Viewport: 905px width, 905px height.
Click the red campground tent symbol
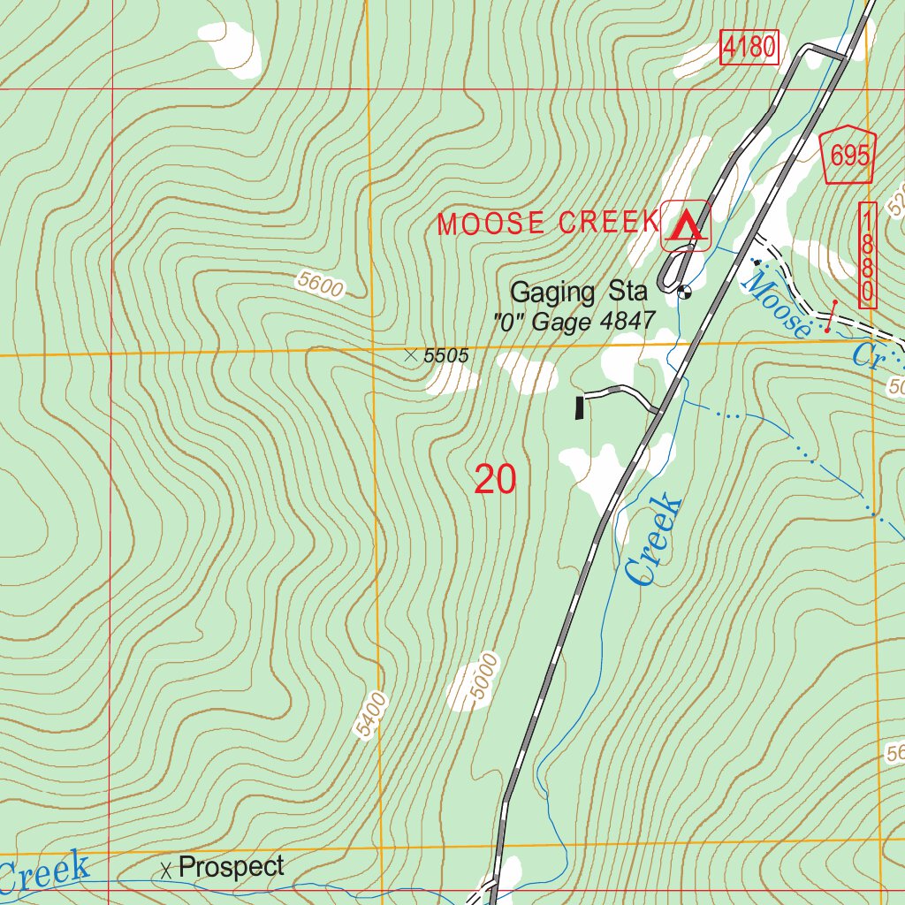(x=686, y=226)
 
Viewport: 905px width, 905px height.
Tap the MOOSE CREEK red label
(x=548, y=224)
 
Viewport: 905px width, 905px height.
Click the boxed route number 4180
(x=749, y=47)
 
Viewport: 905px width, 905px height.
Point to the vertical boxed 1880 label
(x=868, y=255)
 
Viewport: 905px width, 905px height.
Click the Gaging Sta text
(x=579, y=292)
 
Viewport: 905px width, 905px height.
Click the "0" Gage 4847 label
(x=574, y=322)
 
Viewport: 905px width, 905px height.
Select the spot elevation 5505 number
(x=445, y=356)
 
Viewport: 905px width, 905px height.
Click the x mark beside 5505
(x=410, y=355)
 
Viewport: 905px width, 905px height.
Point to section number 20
(x=494, y=479)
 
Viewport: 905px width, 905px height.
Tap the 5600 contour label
(x=320, y=285)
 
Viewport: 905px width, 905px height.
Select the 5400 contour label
(x=370, y=715)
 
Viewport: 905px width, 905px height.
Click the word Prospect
(x=231, y=867)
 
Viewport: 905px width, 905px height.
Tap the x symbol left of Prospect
(x=165, y=870)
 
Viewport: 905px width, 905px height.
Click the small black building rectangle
(x=580, y=407)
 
